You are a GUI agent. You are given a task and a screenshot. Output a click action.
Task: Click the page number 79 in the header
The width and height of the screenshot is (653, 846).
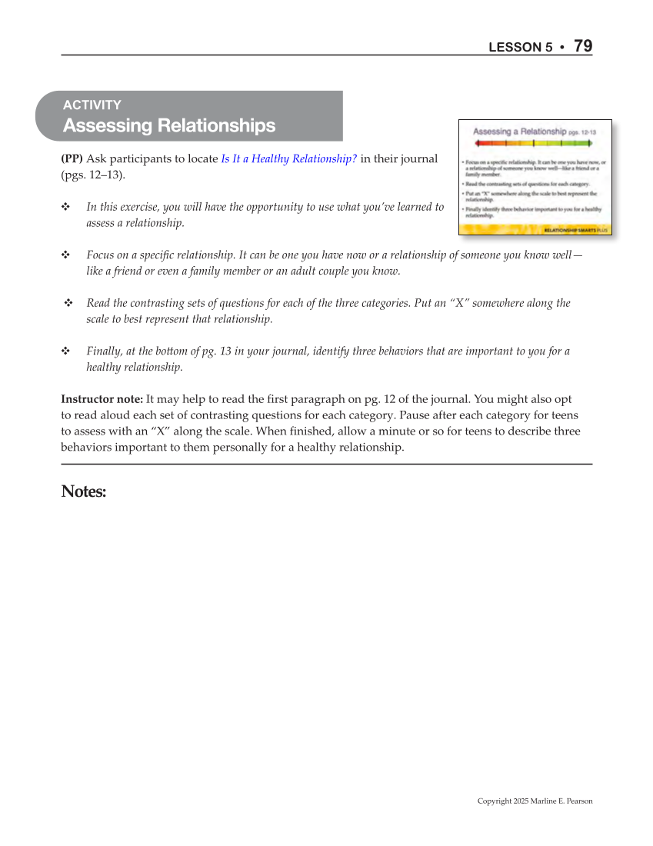[583, 46]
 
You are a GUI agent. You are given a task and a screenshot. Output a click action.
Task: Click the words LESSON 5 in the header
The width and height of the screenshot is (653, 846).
[521, 48]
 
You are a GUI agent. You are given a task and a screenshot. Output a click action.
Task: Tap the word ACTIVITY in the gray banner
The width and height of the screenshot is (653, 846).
[92, 105]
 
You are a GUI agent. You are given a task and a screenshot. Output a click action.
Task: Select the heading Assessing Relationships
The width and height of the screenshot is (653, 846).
[169, 125]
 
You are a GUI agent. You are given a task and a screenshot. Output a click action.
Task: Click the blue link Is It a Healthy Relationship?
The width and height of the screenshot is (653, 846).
[288, 159]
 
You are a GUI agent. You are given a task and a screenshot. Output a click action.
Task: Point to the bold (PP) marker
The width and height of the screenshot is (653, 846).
[72, 159]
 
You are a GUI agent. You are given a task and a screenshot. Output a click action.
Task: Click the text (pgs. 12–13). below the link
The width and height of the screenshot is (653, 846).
[93, 175]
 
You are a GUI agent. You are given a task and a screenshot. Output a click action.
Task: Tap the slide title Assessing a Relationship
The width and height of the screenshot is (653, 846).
[519, 132]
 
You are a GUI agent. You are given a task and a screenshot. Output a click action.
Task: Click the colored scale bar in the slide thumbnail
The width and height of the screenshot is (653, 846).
[536, 143]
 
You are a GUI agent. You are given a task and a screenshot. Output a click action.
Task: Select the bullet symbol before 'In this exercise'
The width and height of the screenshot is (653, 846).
[65, 207]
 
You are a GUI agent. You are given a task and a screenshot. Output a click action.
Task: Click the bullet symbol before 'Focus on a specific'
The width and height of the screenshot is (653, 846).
[65, 255]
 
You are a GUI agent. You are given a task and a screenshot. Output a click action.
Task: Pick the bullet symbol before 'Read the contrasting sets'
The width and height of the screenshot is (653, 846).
[68, 303]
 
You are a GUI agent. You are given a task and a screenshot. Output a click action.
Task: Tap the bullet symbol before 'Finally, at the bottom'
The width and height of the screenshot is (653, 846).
[65, 351]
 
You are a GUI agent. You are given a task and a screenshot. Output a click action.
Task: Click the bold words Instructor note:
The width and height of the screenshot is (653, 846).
[102, 400]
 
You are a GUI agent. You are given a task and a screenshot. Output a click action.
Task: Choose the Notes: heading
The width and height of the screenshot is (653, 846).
[83, 491]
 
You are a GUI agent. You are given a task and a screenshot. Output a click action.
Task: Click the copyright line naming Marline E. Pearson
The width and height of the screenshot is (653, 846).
[535, 801]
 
